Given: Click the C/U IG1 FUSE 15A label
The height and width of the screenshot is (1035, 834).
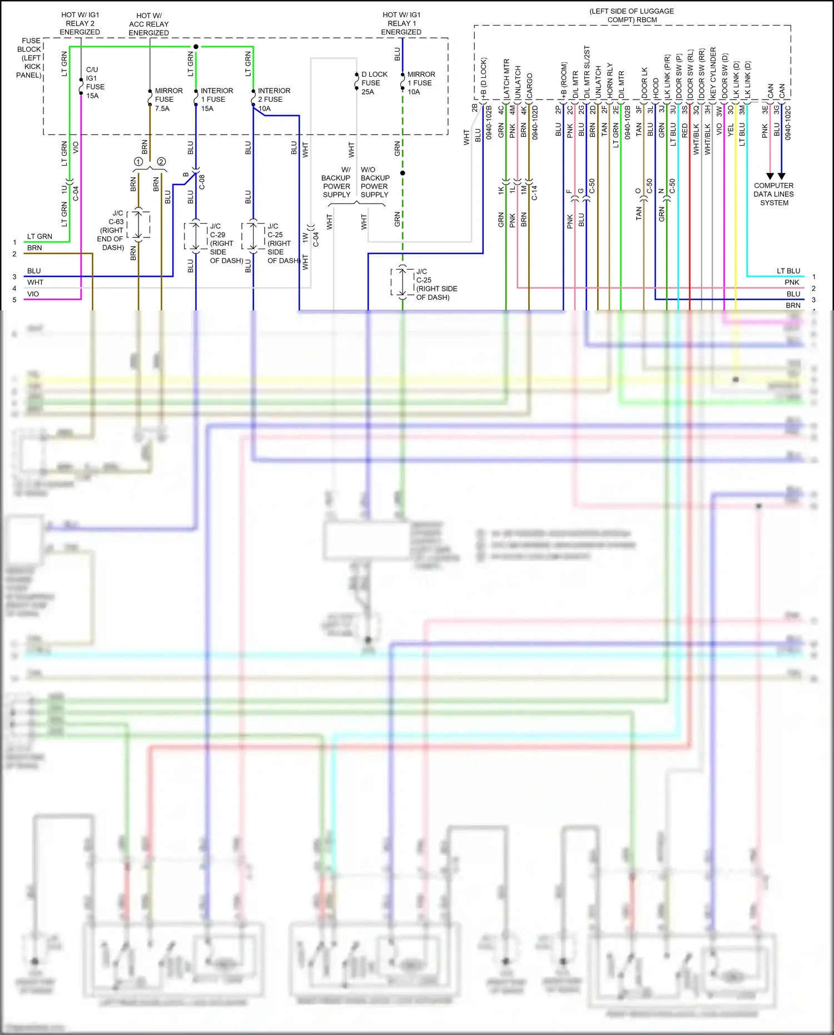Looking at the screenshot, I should [x=94, y=82].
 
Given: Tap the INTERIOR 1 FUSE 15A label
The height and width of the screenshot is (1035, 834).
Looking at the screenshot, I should [x=216, y=100].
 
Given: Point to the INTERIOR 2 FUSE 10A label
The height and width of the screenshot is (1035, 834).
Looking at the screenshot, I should [x=273, y=100].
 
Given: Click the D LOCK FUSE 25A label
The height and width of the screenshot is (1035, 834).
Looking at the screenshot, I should [x=374, y=83].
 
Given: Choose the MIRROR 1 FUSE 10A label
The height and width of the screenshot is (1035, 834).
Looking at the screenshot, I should [x=420, y=83].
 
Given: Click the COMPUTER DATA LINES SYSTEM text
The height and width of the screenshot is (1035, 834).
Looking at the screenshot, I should [x=773, y=194].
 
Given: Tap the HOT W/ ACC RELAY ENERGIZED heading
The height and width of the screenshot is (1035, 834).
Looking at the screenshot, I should [x=148, y=24].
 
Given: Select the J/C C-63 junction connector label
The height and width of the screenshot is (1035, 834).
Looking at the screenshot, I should [x=112, y=230].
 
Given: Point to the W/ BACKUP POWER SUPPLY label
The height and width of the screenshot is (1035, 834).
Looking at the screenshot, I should [x=336, y=182].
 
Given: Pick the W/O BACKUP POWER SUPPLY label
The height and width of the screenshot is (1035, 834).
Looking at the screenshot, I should [x=375, y=182].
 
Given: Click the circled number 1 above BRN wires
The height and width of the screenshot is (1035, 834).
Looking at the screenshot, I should [x=138, y=162].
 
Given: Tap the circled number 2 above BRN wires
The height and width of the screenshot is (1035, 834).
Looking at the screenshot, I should [x=161, y=162].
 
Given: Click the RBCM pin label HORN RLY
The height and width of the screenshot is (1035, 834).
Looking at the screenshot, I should [x=609, y=80].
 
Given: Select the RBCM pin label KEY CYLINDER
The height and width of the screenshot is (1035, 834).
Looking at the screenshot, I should [x=713, y=73].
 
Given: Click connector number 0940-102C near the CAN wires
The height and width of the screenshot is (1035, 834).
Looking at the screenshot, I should [x=788, y=122].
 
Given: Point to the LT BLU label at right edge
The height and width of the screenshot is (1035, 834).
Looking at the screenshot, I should [x=788, y=271].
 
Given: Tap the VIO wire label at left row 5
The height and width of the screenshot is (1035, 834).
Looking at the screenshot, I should [x=33, y=294].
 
